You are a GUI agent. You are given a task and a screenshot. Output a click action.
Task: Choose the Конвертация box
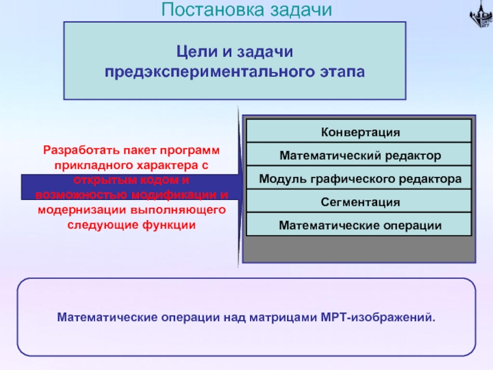point(360,132)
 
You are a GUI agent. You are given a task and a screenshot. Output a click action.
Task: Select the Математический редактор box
point(360,155)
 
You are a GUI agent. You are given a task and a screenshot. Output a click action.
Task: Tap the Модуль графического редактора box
point(360,179)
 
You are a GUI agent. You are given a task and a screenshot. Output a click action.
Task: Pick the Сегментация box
point(360,202)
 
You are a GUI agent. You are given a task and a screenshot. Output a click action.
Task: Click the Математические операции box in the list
point(360,225)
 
